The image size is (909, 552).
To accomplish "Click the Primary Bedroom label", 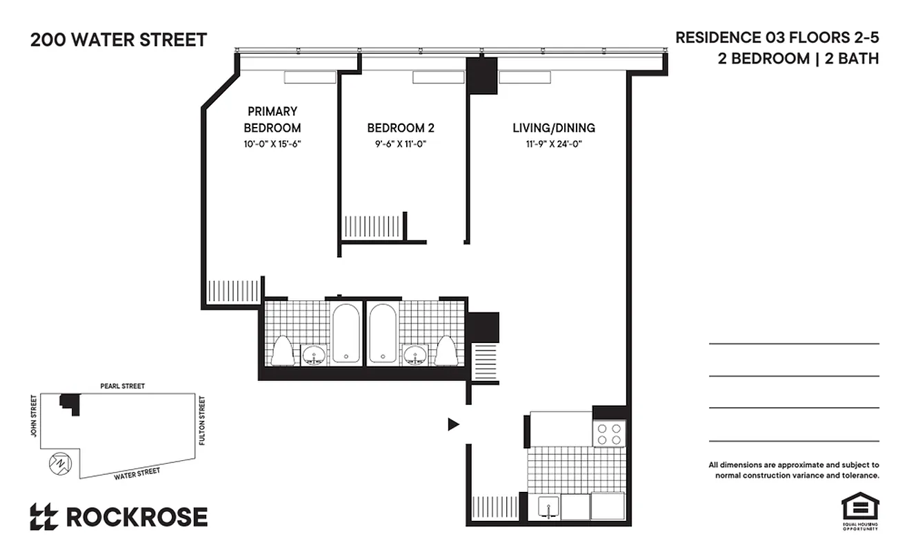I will click(272, 119).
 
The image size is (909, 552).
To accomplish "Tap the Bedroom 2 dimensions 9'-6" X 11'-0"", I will click(400, 144).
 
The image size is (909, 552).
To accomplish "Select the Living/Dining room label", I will click(553, 128).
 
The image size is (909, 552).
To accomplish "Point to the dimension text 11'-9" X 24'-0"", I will click(553, 144).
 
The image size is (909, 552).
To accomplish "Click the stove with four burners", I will click(609, 433).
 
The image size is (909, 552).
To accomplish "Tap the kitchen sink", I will click(548, 507).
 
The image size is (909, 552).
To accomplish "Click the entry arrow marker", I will click(453, 424).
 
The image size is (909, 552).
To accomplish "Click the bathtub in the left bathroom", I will click(346, 333).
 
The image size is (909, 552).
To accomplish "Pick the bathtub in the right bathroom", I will click(381, 333).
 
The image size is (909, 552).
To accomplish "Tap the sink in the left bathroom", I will click(314, 356).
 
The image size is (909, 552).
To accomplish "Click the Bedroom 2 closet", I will click(372, 227).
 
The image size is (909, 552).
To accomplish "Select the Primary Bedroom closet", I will click(233, 290).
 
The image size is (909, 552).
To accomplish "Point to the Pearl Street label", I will click(122, 386).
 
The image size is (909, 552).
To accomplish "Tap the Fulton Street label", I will click(202, 420).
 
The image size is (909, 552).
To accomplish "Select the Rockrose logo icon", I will click(43, 517).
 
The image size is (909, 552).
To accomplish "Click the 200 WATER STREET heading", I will click(119, 40).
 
